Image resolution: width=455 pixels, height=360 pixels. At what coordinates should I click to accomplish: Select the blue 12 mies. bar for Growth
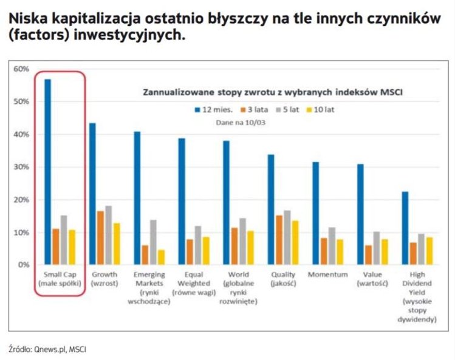click(x=92, y=194)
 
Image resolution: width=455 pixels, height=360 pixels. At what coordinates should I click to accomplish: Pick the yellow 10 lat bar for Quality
click(x=295, y=242)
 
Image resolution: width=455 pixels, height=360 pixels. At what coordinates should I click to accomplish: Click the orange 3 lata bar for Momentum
click(x=324, y=251)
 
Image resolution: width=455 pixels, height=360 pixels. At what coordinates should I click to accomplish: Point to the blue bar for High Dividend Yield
click(x=405, y=228)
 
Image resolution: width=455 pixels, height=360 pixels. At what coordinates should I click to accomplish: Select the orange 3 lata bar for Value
click(x=368, y=255)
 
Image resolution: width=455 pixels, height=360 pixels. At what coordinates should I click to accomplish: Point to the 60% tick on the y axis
click(x=21, y=69)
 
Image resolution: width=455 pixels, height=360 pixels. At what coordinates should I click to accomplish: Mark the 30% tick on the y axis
click(x=21, y=167)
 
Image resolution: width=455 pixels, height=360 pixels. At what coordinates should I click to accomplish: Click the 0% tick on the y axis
click(x=23, y=265)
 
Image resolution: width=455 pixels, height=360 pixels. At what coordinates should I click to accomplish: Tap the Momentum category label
click(x=328, y=274)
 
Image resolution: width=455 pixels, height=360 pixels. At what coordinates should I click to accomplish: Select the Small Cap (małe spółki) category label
click(x=60, y=279)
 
